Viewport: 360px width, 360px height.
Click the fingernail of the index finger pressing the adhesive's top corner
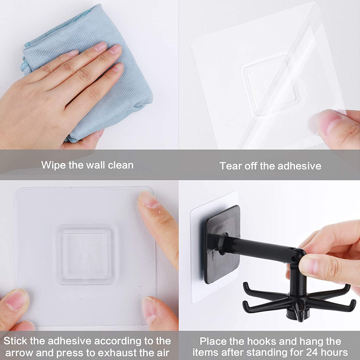click(149, 200)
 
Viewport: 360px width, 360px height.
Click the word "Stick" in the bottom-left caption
click(16, 341)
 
